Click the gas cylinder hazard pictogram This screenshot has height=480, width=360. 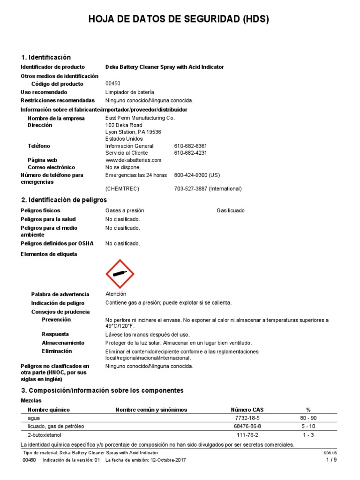coord(120,274)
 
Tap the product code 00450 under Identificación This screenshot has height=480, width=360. coord(113,84)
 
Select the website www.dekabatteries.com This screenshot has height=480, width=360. coord(133,160)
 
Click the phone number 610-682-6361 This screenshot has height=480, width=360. coord(190,146)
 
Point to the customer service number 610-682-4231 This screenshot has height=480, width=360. coord(190,153)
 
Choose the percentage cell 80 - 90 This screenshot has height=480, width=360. coord(308,418)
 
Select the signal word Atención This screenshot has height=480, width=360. coord(116,294)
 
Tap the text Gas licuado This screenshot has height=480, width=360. coord(230,211)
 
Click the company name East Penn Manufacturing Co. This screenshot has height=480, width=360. coord(140,118)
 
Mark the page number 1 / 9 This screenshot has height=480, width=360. coord(331,460)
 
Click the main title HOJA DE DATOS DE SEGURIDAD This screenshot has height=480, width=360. coord(179,19)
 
